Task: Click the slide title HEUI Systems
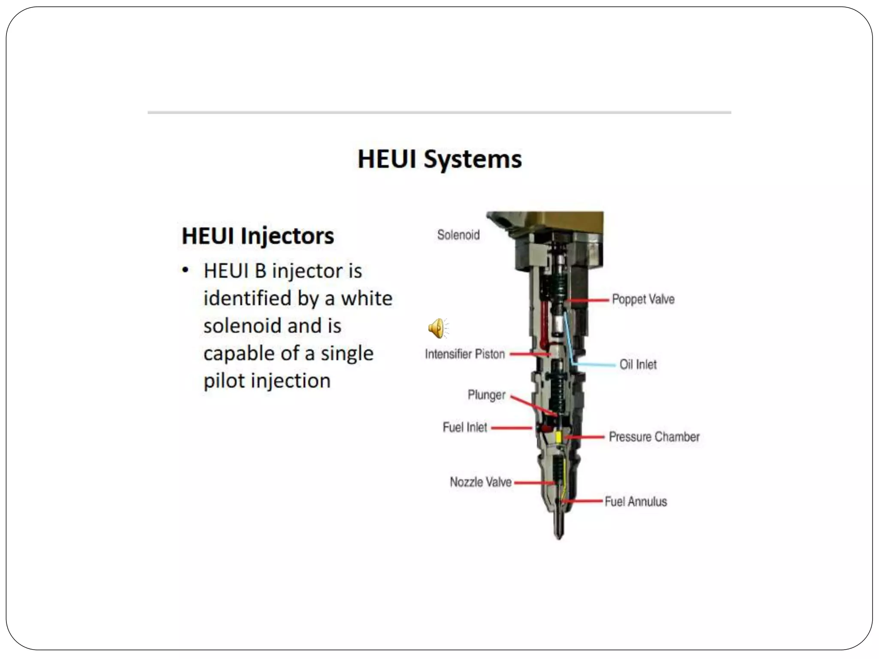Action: point(439,160)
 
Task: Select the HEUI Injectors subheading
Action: point(258,236)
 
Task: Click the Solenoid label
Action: point(458,235)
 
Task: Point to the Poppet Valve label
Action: point(643,299)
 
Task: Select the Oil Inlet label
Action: point(637,365)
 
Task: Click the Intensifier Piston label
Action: point(464,354)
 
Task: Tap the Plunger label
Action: point(486,395)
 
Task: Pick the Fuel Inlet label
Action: point(464,427)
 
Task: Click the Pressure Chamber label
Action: point(654,437)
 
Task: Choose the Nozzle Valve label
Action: point(480,482)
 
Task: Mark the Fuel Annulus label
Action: point(635,502)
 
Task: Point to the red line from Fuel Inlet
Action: point(511,428)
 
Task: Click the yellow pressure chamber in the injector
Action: point(558,437)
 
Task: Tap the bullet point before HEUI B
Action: point(185,270)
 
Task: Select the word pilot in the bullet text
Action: point(224,381)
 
